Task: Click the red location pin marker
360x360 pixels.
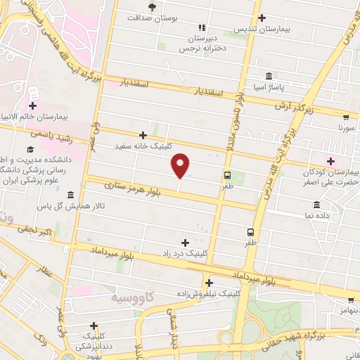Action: coord(181,165)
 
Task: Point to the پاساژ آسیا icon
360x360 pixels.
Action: coord(269,76)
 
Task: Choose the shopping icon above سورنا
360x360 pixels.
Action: coord(345,117)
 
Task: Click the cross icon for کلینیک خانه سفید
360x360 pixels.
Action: coord(143,134)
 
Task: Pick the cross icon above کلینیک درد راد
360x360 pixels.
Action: coord(185,242)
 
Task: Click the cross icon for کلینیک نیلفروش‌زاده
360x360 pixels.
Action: coord(209,282)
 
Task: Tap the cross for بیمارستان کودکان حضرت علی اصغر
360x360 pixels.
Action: coord(330,162)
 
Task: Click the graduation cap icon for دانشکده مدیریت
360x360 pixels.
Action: coord(30,149)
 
